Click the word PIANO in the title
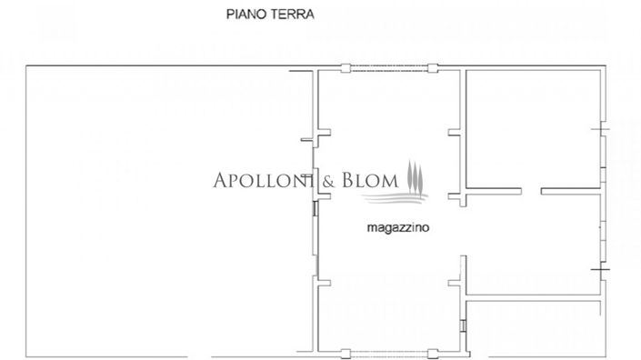tap(245, 15)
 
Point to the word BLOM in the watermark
tap(370, 180)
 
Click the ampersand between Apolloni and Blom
tap(326, 180)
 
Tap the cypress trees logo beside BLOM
tap(415, 176)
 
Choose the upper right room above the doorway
tap(535, 127)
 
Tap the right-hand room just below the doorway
tap(535, 241)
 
